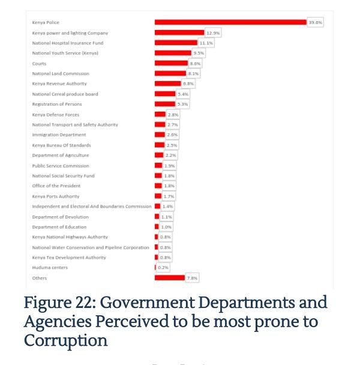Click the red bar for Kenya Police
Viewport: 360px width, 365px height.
(230, 22)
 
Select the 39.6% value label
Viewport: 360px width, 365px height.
(316, 22)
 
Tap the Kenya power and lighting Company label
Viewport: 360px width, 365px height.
(70, 33)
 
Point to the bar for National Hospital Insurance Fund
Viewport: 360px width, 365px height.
(176, 43)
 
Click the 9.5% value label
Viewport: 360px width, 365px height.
(199, 53)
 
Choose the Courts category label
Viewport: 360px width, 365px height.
(39, 64)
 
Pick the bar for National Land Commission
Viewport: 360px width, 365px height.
(170, 74)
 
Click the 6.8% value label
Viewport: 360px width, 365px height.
(188, 84)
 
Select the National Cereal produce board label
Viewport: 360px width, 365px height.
(65, 94)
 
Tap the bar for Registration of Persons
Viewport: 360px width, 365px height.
(165, 104)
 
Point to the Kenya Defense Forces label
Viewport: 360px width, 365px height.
(56, 115)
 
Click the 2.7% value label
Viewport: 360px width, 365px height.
(172, 125)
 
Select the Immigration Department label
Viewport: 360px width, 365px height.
(59, 135)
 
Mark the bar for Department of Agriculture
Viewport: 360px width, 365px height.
(159, 155)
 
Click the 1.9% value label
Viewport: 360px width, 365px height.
(170, 166)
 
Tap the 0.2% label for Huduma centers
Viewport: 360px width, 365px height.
(163, 268)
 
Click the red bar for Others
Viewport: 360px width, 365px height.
(170, 278)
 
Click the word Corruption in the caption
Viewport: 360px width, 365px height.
(66, 340)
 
